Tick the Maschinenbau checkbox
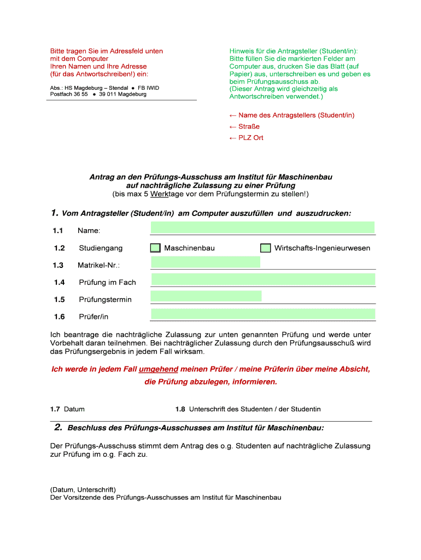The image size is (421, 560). (156, 248)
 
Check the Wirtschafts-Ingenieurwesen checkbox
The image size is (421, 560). (266, 248)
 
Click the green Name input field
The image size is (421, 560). (262, 227)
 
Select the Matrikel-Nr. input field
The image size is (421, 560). (205, 262)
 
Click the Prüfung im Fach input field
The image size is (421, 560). (262, 279)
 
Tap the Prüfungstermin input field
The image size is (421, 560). (206, 296)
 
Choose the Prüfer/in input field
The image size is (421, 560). (262, 314)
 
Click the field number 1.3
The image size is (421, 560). (59, 265)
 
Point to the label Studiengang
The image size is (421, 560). (101, 248)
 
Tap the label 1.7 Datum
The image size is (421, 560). (67, 409)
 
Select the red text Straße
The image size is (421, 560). (249, 126)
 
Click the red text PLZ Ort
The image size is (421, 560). (250, 137)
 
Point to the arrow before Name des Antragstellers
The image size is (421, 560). (232, 115)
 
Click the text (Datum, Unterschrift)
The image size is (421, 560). (83, 490)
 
